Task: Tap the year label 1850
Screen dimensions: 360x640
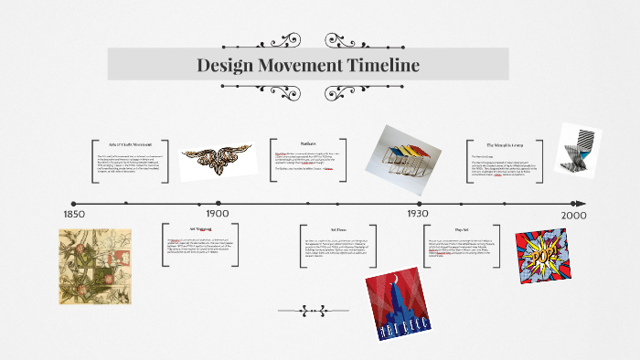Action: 74,214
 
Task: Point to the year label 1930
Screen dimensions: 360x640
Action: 417,213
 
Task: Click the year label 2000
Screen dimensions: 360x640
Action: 573,214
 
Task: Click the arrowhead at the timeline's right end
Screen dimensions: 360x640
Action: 580,204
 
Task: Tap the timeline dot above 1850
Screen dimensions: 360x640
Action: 73,204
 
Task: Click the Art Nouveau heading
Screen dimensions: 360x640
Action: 200,228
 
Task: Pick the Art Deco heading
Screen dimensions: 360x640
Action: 336,230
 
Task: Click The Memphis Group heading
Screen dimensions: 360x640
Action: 504,144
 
